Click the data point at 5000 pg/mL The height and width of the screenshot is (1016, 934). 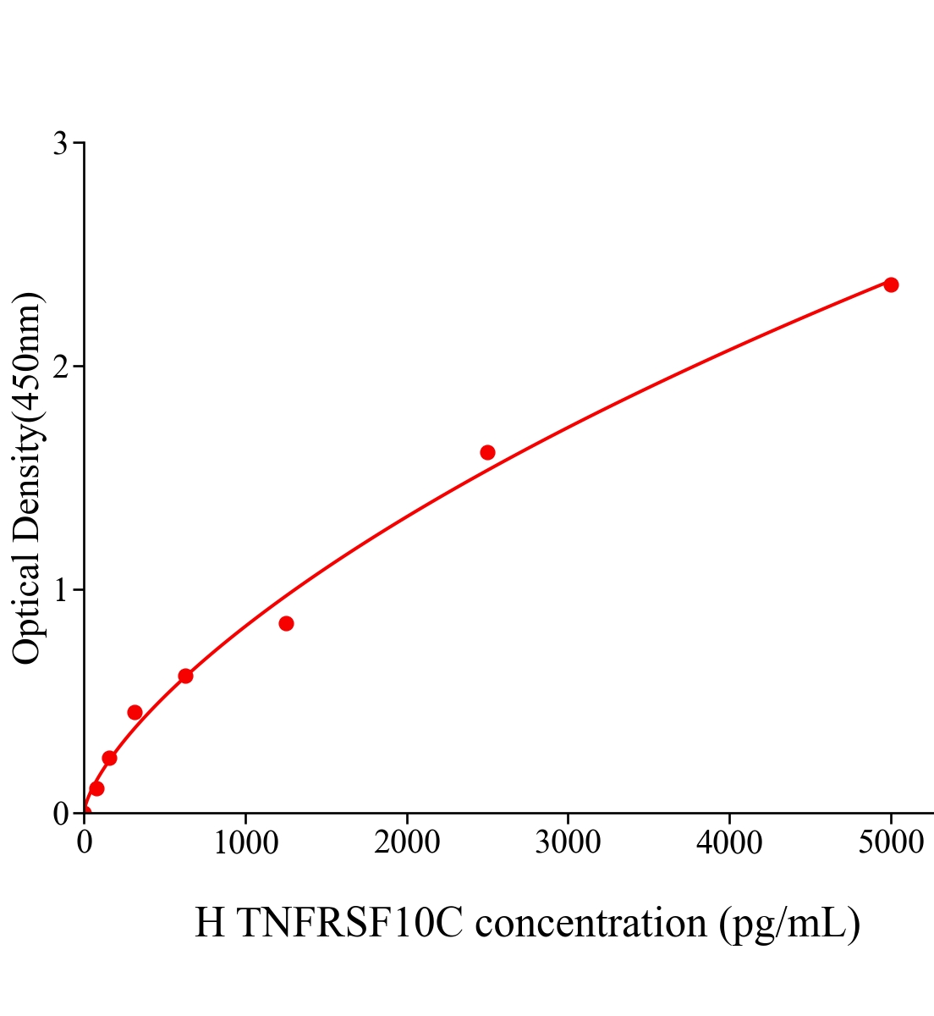[891, 284]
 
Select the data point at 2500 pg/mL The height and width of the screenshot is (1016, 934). [487, 452]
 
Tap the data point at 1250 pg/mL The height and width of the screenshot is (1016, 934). [286, 623]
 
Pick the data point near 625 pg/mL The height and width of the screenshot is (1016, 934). [185, 676]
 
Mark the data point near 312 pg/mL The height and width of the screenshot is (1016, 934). [135, 712]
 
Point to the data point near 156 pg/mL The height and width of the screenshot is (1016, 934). [109, 758]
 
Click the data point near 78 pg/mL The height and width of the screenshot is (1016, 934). [96, 788]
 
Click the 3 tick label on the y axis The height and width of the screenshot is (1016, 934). [60, 144]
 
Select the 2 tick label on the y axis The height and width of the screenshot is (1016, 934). [60, 367]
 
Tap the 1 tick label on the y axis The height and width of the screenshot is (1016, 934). [60, 590]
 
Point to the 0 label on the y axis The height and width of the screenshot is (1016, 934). [60, 814]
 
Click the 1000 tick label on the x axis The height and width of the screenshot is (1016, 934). [245, 842]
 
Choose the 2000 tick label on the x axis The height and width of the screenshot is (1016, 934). [407, 842]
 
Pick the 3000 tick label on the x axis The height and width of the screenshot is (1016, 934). [568, 842]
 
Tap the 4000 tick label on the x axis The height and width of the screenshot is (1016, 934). [729, 842]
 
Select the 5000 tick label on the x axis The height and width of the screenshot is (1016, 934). [891, 842]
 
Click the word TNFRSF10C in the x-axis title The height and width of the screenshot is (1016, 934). [350, 923]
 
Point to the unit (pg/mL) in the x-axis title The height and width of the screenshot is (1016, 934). [789, 923]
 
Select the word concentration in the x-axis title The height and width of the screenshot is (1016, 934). [591, 923]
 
